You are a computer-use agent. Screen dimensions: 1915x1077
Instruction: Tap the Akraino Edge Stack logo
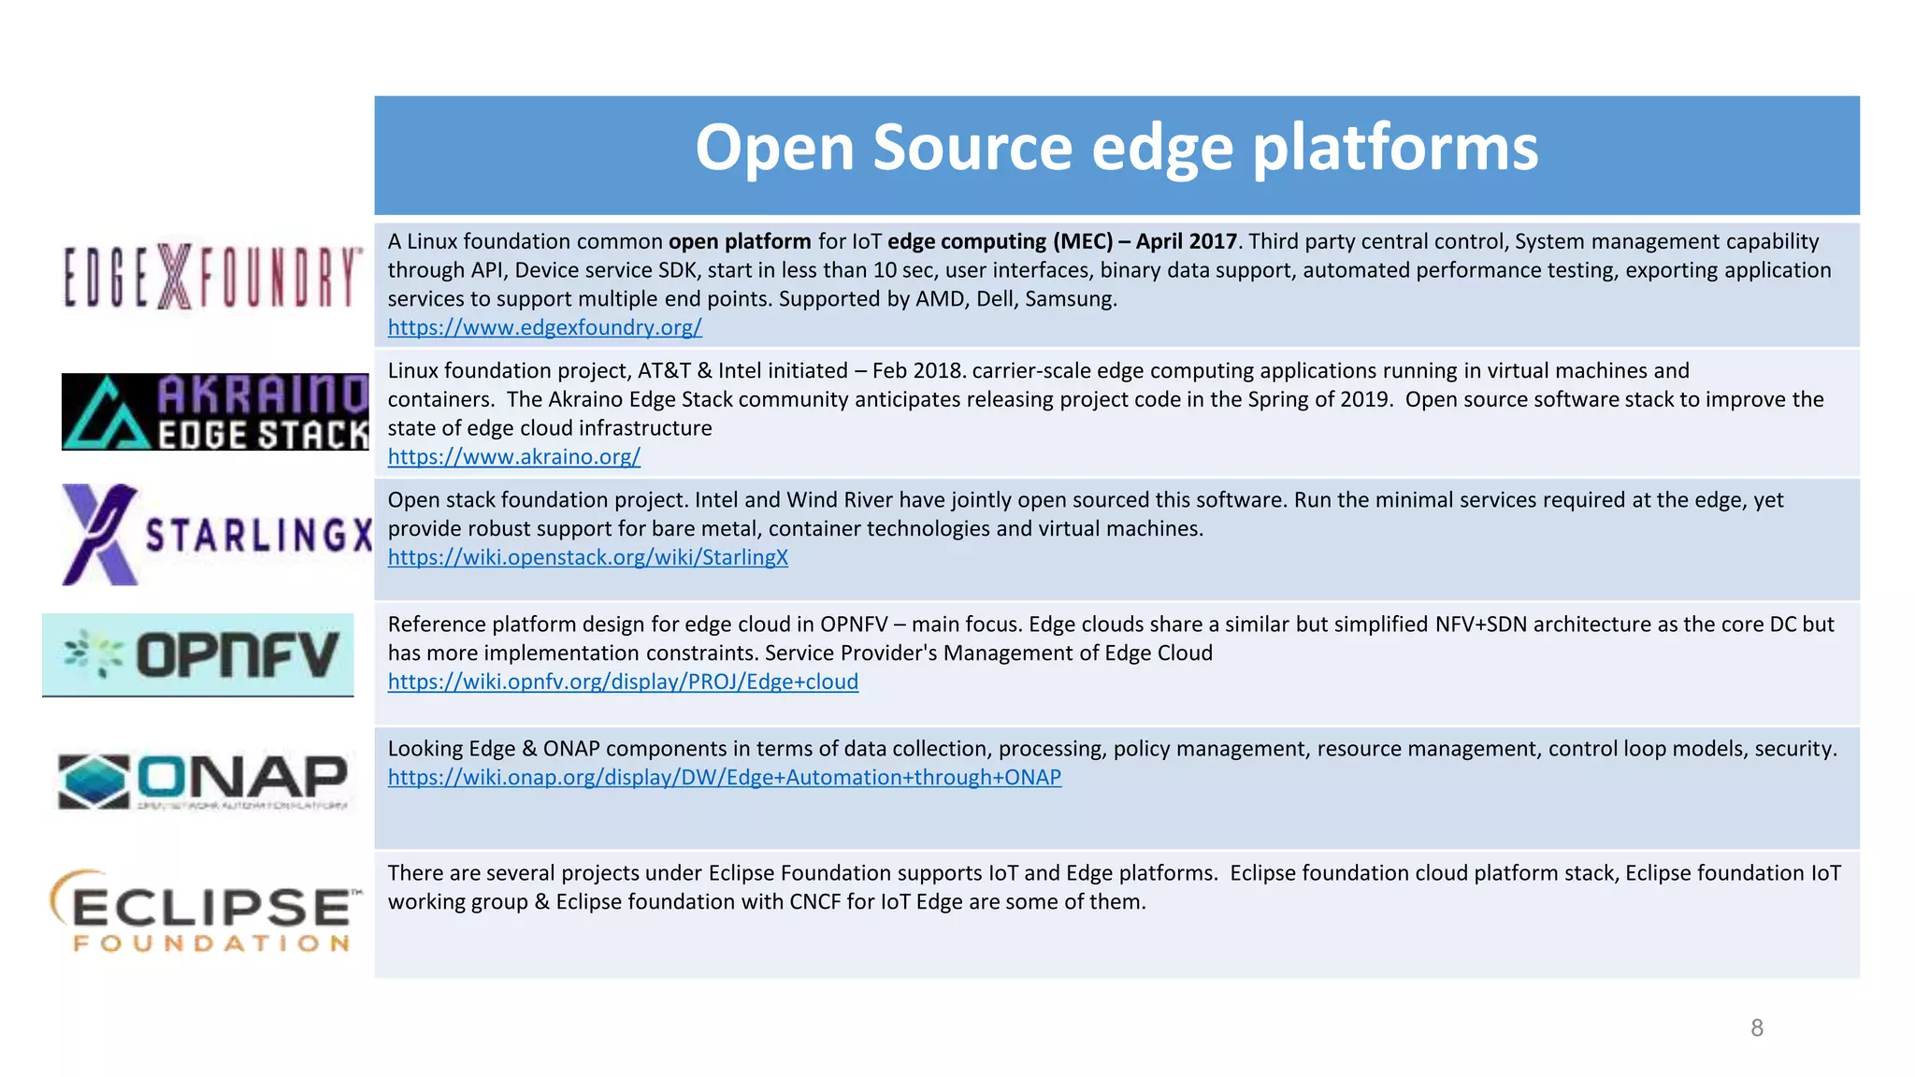pyautogui.click(x=215, y=412)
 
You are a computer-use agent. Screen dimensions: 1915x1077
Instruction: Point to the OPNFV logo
pyautogui.click(x=198, y=654)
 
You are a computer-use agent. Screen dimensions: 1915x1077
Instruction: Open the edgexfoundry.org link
pyautogui.click(x=544, y=328)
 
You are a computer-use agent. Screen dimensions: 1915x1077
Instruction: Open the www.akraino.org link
pyautogui.click(x=513, y=457)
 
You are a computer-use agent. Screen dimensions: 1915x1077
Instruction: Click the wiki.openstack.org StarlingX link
pyautogui.click(x=587, y=558)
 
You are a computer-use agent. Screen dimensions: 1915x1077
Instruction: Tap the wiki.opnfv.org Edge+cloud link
pyautogui.click(x=623, y=682)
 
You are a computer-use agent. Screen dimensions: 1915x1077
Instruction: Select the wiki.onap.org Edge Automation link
pyautogui.click(x=724, y=778)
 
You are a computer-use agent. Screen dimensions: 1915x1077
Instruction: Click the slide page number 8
pyautogui.click(x=1757, y=1028)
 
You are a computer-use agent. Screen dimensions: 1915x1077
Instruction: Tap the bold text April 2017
pyautogui.click(x=1186, y=242)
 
